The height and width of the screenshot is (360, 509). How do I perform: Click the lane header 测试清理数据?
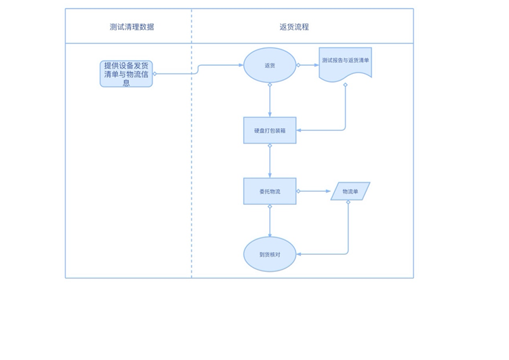pos(131,27)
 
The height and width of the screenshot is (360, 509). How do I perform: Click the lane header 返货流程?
pos(294,27)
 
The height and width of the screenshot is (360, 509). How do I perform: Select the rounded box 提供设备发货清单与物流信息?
pos(126,74)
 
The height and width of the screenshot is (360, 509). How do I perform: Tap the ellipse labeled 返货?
pos(270,65)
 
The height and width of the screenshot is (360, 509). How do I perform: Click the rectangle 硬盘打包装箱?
pos(270,130)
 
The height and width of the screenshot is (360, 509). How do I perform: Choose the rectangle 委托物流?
pos(270,191)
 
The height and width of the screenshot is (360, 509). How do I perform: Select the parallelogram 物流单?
pos(350,191)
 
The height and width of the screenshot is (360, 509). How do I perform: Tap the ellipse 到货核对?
pos(270,254)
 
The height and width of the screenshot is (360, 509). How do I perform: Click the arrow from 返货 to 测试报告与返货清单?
pos(308,65)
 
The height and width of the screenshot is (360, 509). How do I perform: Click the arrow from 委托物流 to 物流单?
pos(314,191)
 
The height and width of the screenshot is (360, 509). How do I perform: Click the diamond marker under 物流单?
pos(348,202)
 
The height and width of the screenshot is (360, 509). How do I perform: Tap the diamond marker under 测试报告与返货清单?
pos(345,85)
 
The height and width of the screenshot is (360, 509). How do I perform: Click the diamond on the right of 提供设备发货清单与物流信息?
pos(155,74)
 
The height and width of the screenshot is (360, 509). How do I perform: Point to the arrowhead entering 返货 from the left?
pos(241,65)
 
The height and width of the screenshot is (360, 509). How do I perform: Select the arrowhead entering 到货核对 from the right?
pos(299,254)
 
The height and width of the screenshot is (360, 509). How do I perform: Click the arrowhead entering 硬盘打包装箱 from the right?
pos(299,130)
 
